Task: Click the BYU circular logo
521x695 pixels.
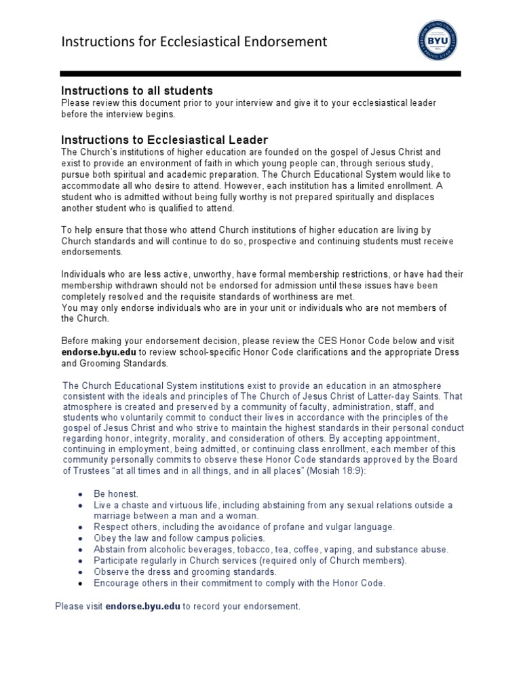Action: click(x=437, y=42)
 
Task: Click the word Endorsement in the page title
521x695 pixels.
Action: click(x=284, y=42)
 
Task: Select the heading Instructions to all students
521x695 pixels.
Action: click(x=137, y=90)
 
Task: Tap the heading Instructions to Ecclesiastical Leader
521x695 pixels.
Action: click(x=165, y=140)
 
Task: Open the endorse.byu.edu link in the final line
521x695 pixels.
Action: click(x=142, y=605)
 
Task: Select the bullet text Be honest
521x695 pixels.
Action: click(x=116, y=494)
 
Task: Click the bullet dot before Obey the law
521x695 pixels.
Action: click(x=81, y=538)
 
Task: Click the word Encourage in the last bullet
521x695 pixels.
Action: click(x=119, y=582)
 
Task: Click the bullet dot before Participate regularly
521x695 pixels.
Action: click(x=81, y=561)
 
